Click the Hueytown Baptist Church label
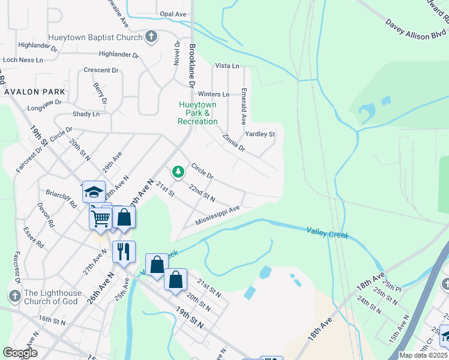[x=95, y=37]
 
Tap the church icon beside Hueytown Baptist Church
[x=151, y=37]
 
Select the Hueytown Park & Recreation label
[x=197, y=113]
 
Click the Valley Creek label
[x=327, y=232]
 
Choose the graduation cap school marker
[x=94, y=192]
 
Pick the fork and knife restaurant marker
[x=124, y=252]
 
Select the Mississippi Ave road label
[x=217, y=215]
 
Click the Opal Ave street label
[x=173, y=14]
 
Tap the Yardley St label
[x=259, y=134]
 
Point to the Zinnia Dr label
[x=233, y=142]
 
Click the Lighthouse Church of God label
[x=51, y=297]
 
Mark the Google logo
[x=20, y=353]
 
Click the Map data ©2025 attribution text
[x=424, y=355]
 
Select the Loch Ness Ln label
[x=23, y=60]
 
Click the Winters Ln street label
[x=214, y=94]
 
